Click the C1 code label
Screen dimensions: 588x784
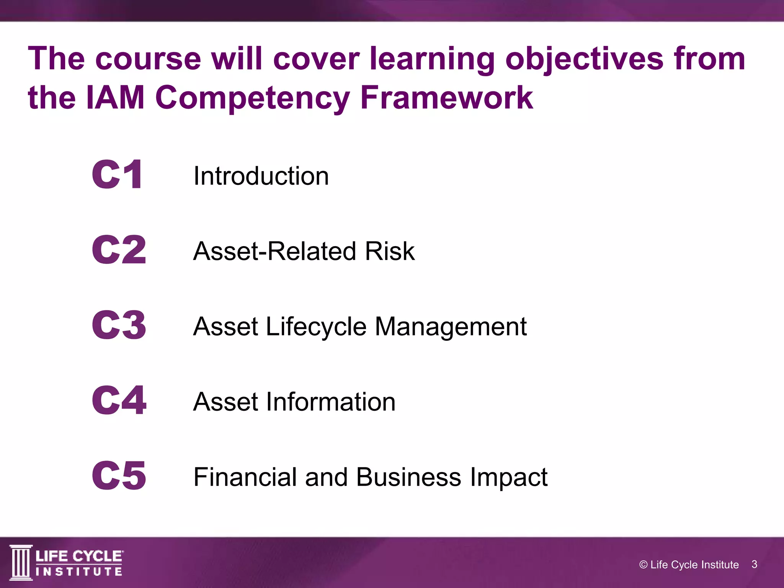pyautogui.click(x=117, y=175)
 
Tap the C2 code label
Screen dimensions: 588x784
pyautogui.click(x=119, y=250)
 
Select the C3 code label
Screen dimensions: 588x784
pyautogui.click(x=119, y=325)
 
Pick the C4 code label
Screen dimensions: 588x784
pyautogui.click(x=119, y=400)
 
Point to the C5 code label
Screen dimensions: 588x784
pyautogui.click(x=119, y=475)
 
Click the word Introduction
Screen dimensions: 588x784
pyautogui.click(x=261, y=176)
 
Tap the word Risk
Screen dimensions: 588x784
pyautogui.click(x=390, y=251)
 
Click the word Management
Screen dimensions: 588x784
pyautogui.click(x=451, y=327)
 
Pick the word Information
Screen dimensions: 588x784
pyautogui.click(x=331, y=402)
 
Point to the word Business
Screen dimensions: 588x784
pyautogui.click(x=408, y=477)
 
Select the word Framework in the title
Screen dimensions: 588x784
pyautogui.click(x=446, y=97)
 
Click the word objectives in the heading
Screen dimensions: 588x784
pyautogui.click(x=585, y=59)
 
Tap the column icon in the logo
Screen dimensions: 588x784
pyautogui.click(x=21, y=562)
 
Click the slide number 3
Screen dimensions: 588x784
pyautogui.click(x=754, y=564)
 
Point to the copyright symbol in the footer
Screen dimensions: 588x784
pyautogui.click(x=644, y=565)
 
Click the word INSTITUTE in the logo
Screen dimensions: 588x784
pyautogui.click(x=79, y=572)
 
